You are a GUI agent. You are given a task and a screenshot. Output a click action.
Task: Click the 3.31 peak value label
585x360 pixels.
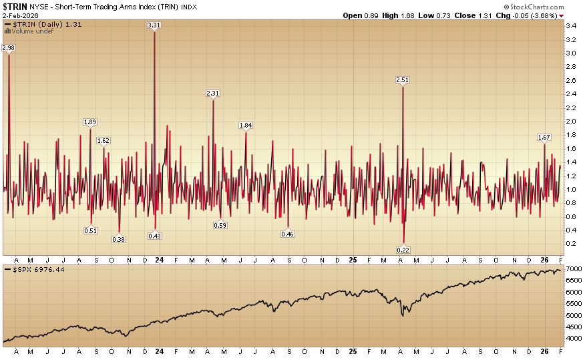click(154, 25)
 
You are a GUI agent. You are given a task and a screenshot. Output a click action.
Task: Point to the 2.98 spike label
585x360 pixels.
click(9, 47)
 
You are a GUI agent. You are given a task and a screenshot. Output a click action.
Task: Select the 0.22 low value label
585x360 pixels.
click(403, 250)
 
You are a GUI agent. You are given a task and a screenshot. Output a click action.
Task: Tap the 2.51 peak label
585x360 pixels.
click(402, 80)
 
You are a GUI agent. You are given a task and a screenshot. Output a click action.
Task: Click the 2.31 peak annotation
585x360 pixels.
click(213, 94)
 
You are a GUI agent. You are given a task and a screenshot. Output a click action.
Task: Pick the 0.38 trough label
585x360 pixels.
click(119, 239)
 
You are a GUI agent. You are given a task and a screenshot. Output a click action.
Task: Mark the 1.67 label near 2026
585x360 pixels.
click(544, 138)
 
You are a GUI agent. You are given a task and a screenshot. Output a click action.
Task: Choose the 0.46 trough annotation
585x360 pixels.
click(288, 234)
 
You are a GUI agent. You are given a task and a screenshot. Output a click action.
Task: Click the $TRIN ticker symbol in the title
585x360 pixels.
click(15, 6)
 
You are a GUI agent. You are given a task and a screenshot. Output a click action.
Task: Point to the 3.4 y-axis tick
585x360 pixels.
click(571, 25)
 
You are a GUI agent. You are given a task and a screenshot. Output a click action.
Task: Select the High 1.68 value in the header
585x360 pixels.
click(410, 15)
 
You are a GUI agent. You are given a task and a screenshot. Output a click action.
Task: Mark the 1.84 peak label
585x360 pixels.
click(246, 126)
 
